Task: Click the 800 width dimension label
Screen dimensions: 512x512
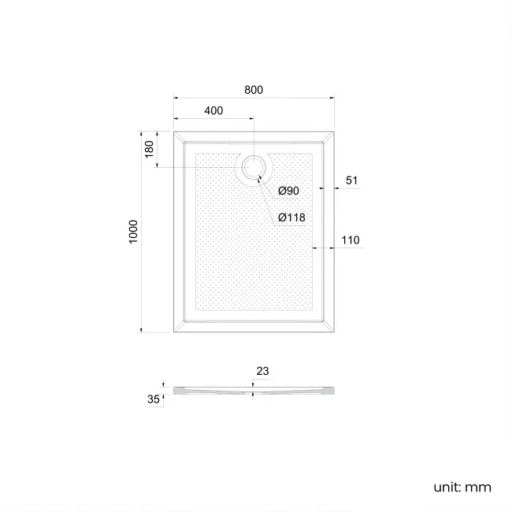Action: tap(253, 90)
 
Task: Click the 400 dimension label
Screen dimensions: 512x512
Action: tap(213, 111)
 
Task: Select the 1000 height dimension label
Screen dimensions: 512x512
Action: tap(134, 232)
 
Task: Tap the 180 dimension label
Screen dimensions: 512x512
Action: tap(150, 150)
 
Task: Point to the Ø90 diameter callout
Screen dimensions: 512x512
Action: tap(288, 191)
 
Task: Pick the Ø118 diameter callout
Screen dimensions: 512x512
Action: tap(291, 218)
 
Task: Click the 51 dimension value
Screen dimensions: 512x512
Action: tap(351, 180)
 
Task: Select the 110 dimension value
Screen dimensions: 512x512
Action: tap(351, 239)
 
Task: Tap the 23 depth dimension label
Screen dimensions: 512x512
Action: tap(262, 370)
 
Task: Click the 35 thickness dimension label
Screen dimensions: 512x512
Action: tap(153, 399)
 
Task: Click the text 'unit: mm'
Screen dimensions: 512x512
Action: tap(462, 487)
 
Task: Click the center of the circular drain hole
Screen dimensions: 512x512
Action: tap(253, 167)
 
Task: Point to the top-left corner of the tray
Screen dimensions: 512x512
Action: tap(174, 132)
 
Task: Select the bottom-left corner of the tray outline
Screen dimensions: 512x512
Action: tap(174, 332)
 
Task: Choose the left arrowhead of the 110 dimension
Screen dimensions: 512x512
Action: tap(315, 248)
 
